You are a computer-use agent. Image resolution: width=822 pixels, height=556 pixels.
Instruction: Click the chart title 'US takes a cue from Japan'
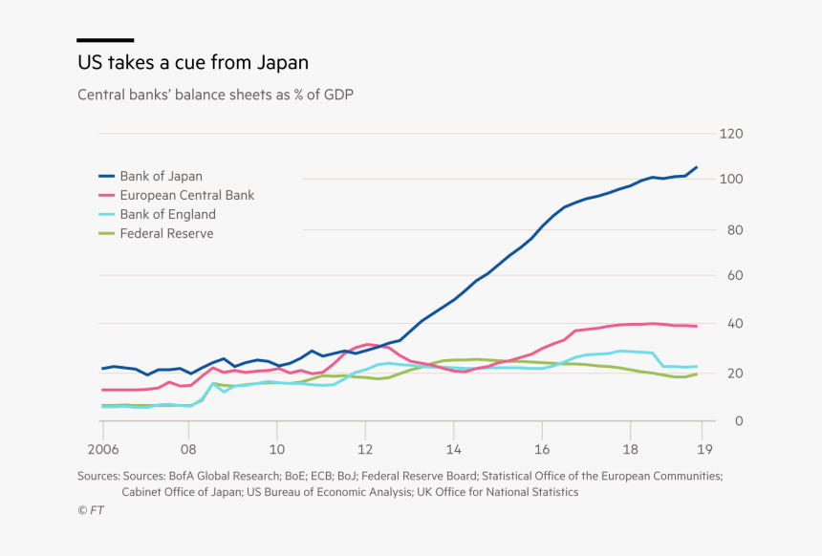coord(192,63)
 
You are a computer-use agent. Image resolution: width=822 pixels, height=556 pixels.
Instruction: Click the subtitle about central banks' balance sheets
coord(216,95)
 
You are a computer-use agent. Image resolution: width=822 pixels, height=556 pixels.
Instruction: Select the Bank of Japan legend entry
coord(161,176)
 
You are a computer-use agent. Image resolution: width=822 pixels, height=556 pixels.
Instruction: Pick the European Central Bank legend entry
coord(186,195)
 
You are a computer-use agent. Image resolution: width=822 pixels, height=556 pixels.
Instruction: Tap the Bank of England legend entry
coord(167,214)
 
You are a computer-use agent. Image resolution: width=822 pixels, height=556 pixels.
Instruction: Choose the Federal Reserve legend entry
coord(166,233)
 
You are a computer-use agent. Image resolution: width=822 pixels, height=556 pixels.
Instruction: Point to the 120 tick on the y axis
coord(729,134)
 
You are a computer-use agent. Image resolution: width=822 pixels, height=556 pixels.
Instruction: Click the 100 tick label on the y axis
coord(729,180)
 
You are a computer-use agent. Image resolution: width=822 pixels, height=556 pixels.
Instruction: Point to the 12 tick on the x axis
coord(364,448)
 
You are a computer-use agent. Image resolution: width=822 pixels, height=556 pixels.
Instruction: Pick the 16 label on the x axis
coord(541,448)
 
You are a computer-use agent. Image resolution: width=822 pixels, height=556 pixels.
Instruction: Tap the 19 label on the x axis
coord(702,448)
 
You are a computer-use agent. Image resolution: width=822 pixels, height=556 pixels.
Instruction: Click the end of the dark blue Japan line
coord(696,167)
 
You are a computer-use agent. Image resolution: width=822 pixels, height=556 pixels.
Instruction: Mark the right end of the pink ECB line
coord(696,327)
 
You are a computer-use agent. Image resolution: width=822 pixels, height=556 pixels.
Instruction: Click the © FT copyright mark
coord(91,512)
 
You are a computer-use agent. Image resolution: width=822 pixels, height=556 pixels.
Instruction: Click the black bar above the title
coord(105,40)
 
